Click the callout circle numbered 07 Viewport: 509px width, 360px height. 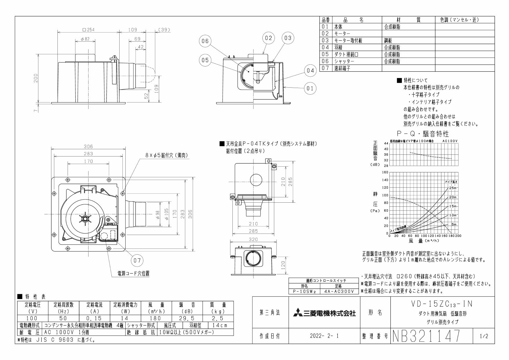tap(137, 260)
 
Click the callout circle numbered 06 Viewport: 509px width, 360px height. tap(205, 41)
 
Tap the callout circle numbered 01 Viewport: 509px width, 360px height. tap(310, 89)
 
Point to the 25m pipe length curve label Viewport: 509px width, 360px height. tap(453, 188)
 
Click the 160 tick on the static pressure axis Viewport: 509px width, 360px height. tap(385, 172)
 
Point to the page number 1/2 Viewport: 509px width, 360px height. tap(484, 336)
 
